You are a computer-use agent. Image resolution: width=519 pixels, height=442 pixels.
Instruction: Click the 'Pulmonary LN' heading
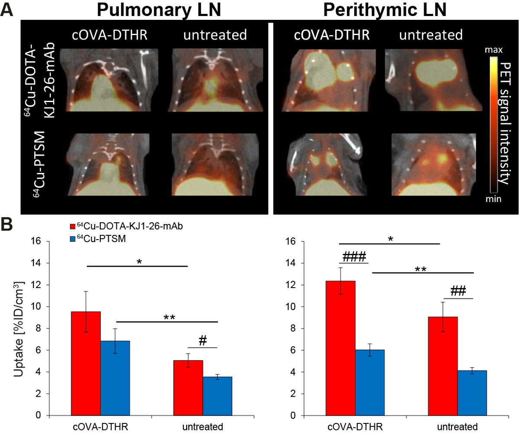[159, 10]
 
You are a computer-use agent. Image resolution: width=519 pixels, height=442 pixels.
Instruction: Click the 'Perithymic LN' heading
[384, 10]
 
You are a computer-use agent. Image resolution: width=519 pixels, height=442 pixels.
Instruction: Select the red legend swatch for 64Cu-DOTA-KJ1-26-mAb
[73, 226]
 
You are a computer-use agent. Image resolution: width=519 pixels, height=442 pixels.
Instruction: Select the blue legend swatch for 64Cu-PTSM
[73, 238]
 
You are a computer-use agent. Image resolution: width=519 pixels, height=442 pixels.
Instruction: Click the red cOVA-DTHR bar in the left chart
[86, 363]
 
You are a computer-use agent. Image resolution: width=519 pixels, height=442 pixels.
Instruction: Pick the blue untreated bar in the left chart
[217, 396]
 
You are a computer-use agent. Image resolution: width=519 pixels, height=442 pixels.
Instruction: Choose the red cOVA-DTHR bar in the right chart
[340, 348]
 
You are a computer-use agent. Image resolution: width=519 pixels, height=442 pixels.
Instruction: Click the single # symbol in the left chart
[202, 341]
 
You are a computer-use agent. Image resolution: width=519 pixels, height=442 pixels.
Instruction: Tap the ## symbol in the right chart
[458, 291]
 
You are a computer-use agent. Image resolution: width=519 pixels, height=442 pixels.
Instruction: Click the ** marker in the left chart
[169, 318]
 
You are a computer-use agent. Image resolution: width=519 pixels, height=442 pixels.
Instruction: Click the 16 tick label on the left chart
[36, 241]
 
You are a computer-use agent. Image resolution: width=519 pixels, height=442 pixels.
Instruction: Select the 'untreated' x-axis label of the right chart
[457, 427]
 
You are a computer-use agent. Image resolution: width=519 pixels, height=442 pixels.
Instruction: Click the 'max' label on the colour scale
[493, 50]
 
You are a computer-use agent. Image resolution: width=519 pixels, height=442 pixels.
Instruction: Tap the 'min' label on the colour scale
[493, 199]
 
